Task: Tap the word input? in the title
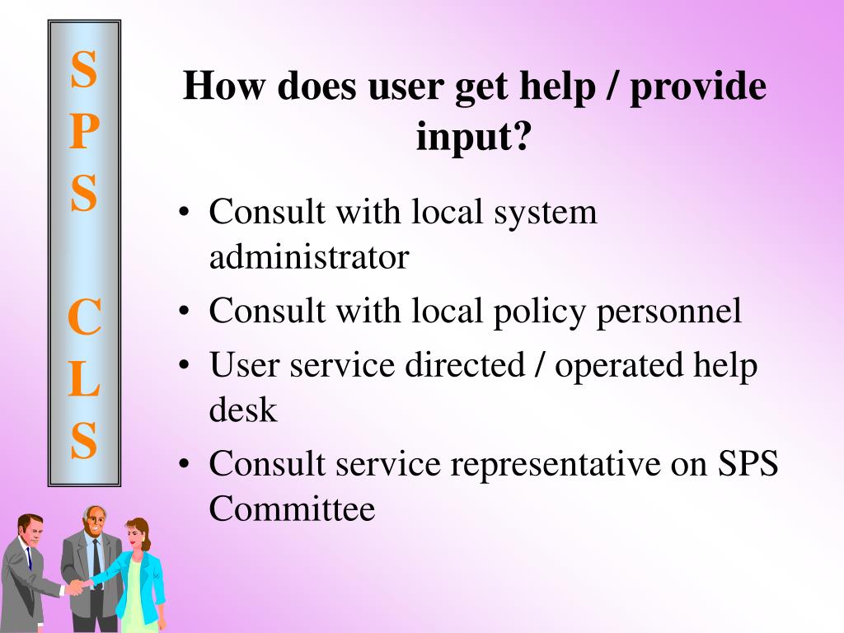[474, 134]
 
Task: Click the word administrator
[308, 258]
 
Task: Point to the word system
[546, 213]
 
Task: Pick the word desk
[243, 410]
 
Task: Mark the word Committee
[292, 509]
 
